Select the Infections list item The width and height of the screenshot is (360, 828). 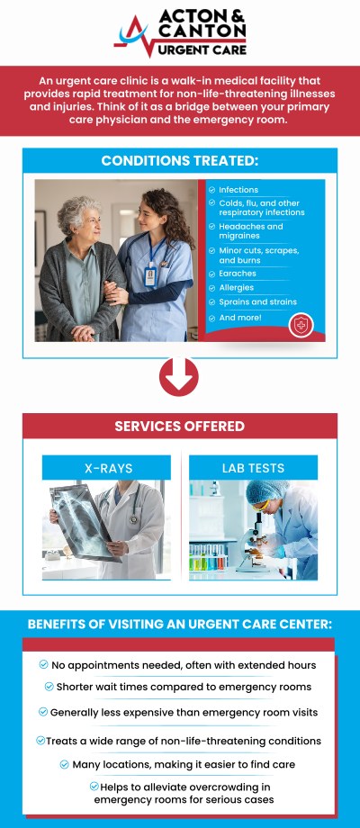point(238,190)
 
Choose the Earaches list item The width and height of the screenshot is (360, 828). point(238,273)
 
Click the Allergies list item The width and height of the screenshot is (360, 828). point(237,287)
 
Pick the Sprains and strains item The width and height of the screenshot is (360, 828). point(257,301)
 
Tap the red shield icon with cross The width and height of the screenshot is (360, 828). point(301,325)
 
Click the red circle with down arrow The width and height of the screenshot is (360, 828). point(179,377)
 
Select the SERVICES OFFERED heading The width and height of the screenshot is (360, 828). point(179,426)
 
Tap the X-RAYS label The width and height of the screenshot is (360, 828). point(106,468)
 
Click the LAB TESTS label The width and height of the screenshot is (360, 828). point(253,468)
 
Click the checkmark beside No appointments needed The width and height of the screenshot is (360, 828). point(44,664)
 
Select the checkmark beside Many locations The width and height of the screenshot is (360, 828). point(65,763)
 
